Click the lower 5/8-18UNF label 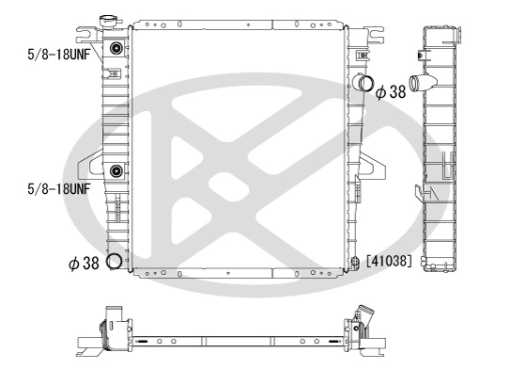tap(46, 188)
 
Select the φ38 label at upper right tap(391, 91)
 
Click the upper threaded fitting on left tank tap(116, 49)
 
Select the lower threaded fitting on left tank tap(116, 171)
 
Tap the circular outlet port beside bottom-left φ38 tap(115, 263)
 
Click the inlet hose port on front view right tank tap(364, 84)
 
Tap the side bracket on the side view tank tap(415, 192)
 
